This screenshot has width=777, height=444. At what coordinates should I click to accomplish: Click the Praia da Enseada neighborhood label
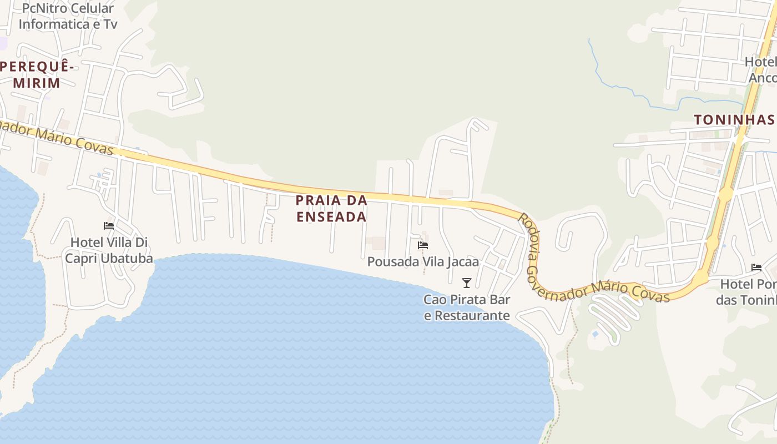coord(331,208)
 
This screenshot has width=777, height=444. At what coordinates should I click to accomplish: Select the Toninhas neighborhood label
coord(734,120)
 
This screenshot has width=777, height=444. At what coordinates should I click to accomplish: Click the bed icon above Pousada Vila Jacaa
coord(423,245)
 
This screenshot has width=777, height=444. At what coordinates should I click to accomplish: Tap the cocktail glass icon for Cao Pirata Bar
coord(467,283)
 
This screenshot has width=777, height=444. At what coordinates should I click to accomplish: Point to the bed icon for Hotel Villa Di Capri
coord(109,225)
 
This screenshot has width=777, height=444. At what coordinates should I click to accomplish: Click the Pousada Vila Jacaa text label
coord(423,261)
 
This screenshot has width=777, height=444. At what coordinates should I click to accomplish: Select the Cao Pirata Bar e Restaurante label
coord(467,307)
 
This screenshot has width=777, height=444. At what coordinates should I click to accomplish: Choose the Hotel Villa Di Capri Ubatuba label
coord(109,250)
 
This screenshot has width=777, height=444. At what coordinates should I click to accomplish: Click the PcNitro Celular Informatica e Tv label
coord(68,16)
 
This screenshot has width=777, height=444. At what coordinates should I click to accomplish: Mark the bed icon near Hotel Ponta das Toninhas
coord(756,268)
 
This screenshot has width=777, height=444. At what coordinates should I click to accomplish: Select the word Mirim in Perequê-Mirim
coord(37,83)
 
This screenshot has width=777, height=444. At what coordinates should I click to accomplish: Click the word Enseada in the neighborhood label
coord(331,216)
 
